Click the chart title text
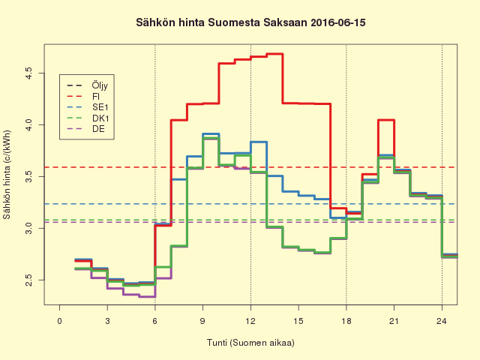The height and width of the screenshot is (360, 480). pyautogui.click(x=250, y=23)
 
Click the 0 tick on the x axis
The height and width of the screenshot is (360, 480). pyautogui.click(x=60, y=321)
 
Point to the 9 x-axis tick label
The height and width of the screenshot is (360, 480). pyautogui.click(x=202, y=321)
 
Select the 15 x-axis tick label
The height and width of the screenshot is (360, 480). pyautogui.click(x=298, y=321)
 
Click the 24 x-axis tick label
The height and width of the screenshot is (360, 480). pyautogui.click(x=442, y=321)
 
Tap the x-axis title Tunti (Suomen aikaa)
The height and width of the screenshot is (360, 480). pyautogui.click(x=250, y=343)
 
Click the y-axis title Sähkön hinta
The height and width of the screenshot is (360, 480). pyautogui.click(x=8, y=177)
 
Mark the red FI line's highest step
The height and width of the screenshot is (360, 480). pyautogui.click(x=274, y=54)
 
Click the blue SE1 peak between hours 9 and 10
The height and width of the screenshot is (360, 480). pyautogui.click(x=211, y=134)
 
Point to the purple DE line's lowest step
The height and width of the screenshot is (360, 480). pyautogui.click(x=147, y=296)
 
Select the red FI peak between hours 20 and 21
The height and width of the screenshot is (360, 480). pyautogui.click(x=386, y=120)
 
